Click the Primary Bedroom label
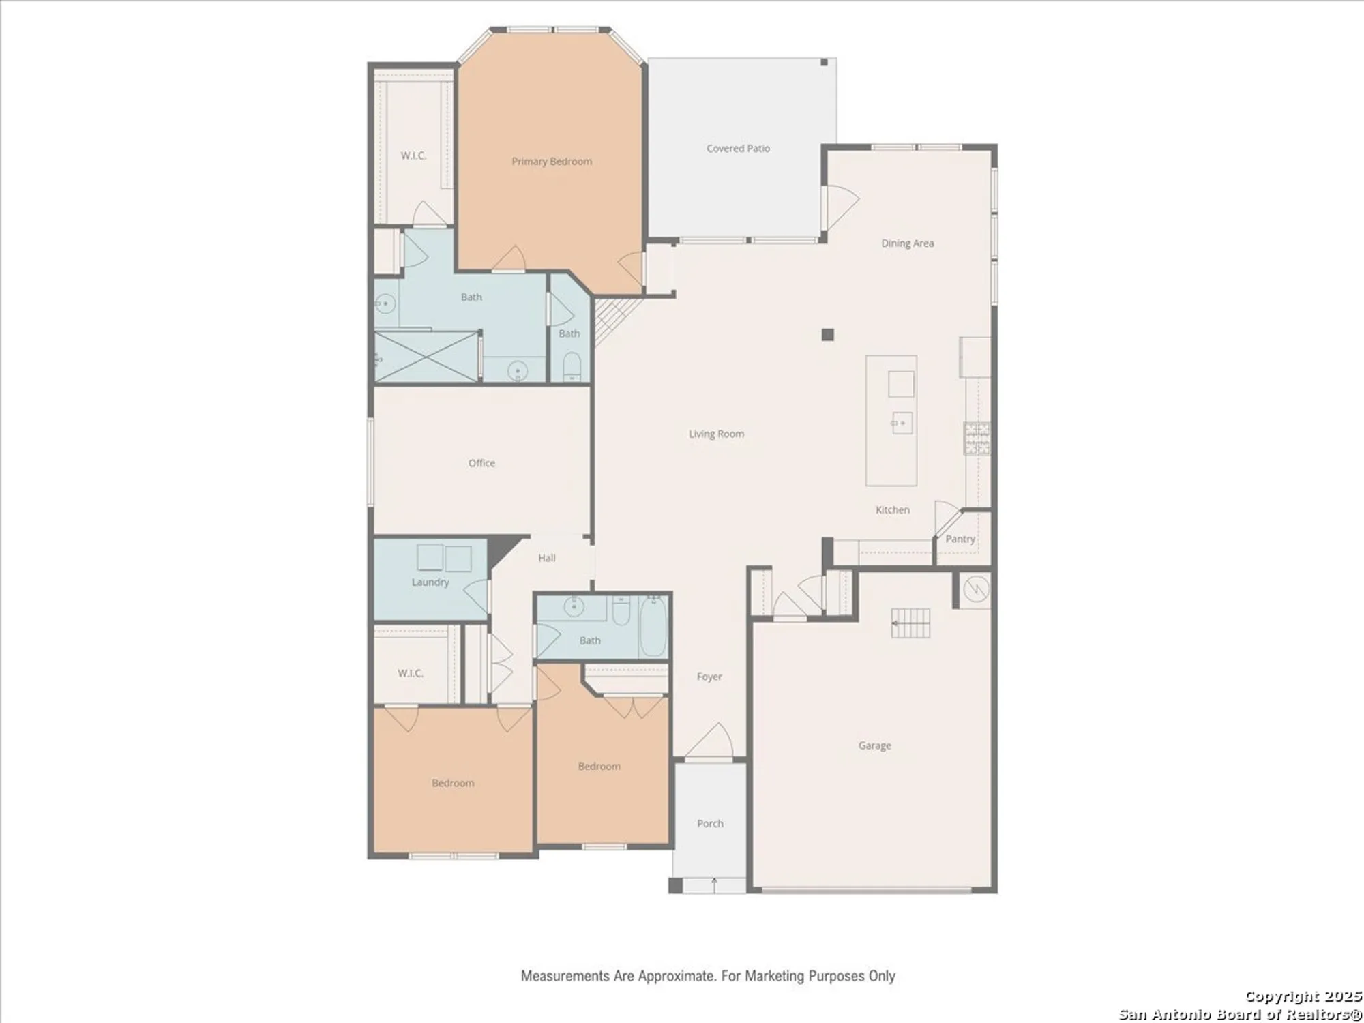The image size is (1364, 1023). [552, 162]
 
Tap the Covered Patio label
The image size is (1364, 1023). [738, 149]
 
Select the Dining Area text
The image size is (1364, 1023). [907, 243]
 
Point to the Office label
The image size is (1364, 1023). [481, 463]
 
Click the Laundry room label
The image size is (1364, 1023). [430, 582]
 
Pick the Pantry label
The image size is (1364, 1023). [960, 539]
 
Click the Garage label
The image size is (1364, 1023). [874, 745]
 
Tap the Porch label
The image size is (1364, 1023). [710, 824]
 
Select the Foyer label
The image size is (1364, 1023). [709, 677]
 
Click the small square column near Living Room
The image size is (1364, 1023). [827, 335]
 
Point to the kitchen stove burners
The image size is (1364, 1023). [977, 439]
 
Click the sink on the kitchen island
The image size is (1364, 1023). [902, 424]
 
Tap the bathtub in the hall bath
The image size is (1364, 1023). [653, 626]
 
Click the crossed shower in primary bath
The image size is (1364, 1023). [426, 357]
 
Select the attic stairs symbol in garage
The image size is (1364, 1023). [910, 623]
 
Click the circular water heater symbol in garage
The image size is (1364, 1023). [976, 589]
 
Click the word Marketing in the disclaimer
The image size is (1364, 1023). [773, 976]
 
